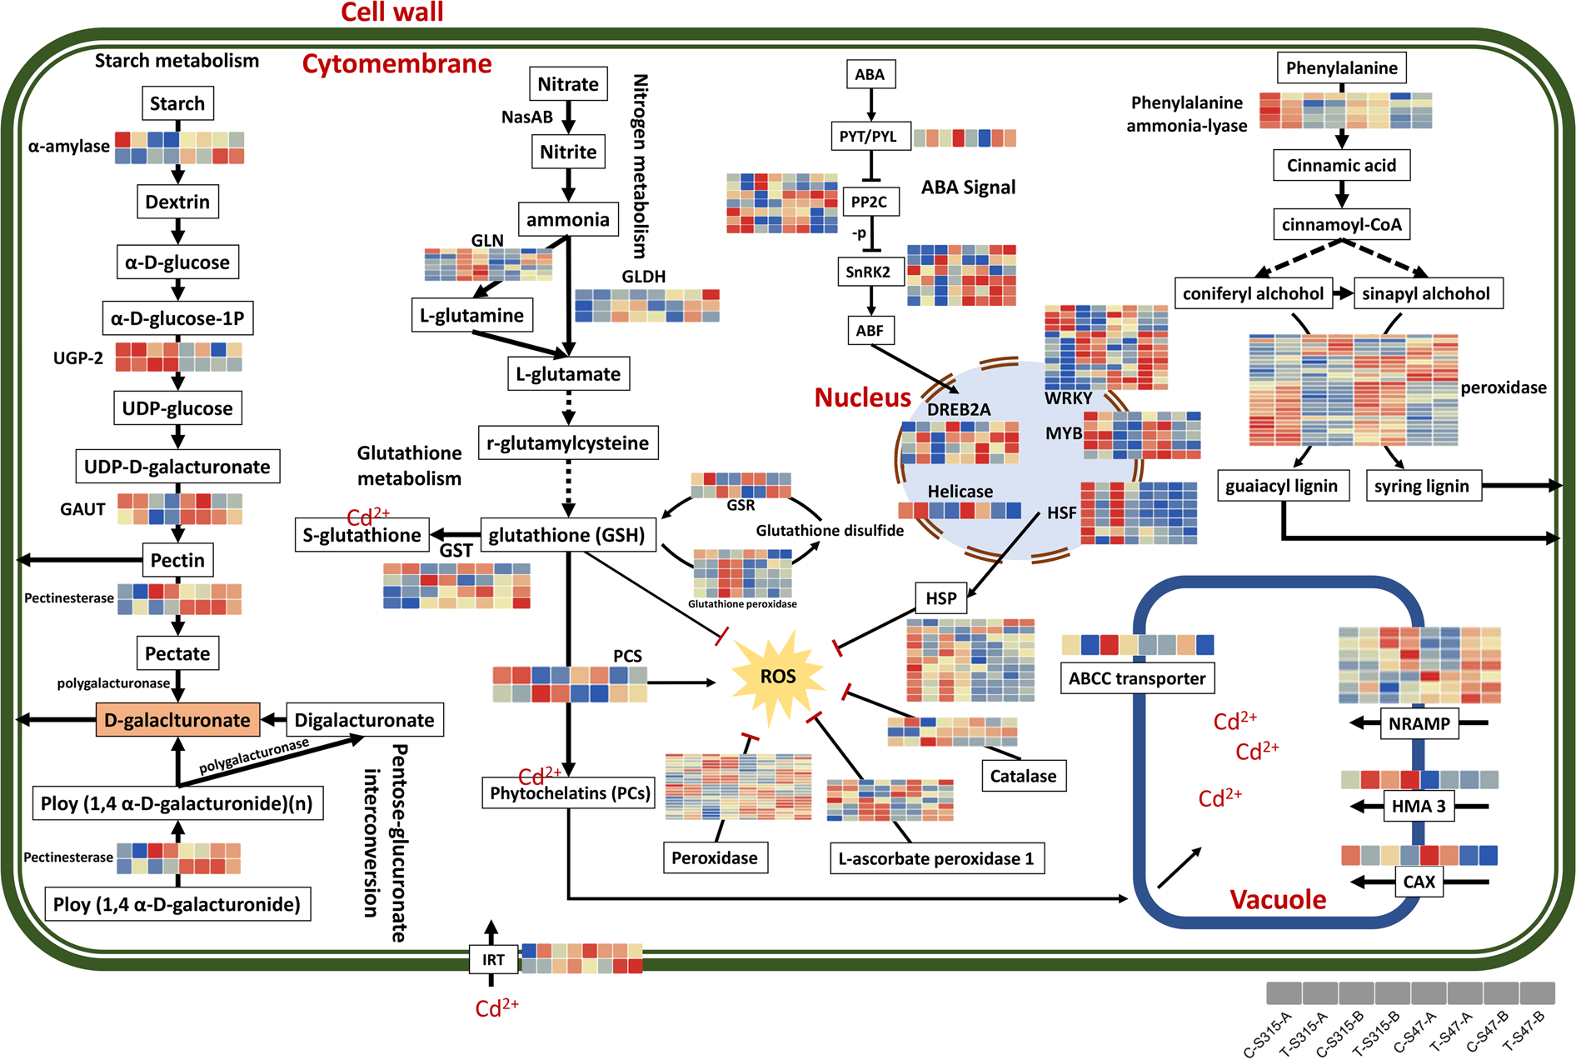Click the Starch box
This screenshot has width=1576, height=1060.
click(177, 103)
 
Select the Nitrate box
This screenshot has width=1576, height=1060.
click(568, 84)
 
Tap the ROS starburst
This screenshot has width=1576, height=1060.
click(777, 676)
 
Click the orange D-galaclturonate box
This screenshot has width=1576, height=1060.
click(177, 720)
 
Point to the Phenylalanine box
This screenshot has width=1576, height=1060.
click(1341, 68)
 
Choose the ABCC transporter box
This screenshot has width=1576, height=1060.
click(1137, 678)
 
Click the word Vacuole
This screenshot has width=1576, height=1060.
click(1278, 900)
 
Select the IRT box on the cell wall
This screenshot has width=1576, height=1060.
click(493, 959)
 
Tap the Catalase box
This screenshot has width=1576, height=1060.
click(1023, 776)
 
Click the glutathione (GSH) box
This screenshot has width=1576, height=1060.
click(567, 535)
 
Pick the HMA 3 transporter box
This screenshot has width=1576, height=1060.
click(1419, 806)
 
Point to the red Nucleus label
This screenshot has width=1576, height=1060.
click(862, 397)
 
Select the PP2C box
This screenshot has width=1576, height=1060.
click(869, 202)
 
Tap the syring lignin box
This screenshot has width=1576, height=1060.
click(1422, 486)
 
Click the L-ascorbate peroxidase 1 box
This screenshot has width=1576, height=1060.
click(936, 858)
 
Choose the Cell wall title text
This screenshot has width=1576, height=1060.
click(392, 12)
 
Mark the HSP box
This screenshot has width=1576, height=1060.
click(941, 598)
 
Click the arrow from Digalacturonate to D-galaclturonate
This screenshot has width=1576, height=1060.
click(273, 720)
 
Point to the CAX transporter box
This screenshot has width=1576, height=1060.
click(1419, 882)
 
